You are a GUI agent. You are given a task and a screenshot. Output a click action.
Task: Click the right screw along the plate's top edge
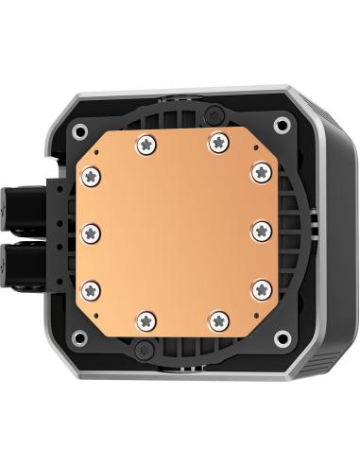(x=218, y=142)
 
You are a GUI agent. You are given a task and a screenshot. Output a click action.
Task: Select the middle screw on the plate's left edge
(x=91, y=231)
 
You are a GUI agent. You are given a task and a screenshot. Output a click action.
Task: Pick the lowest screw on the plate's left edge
(x=91, y=287)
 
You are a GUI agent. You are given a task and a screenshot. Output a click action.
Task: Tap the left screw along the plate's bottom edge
(x=146, y=319)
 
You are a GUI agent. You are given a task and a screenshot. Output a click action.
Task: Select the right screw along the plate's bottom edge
(x=218, y=319)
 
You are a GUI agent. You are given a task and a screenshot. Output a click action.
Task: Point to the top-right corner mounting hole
(x=281, y=124)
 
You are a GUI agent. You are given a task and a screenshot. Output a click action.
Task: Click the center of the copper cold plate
(x=177, y=231)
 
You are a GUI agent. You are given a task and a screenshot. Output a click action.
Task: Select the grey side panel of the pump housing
(x=327, y=236)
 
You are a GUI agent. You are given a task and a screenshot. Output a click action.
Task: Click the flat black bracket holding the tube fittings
(x=54, y=231)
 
